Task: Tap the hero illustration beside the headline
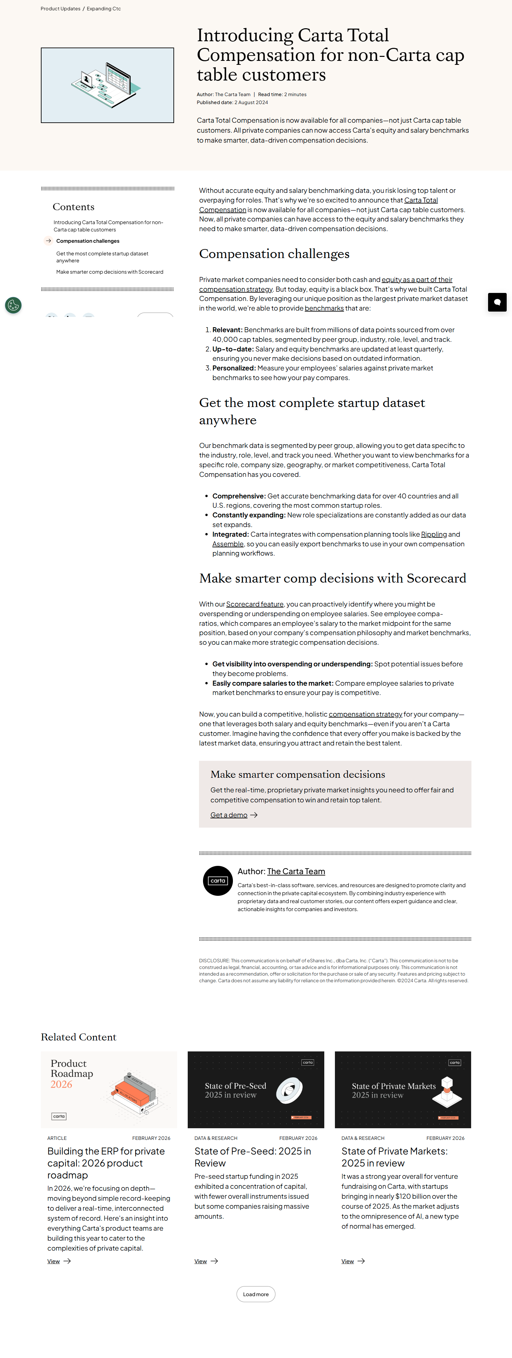pos(107,85)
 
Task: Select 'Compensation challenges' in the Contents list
pos(87,241)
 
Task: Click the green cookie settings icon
pos(13,305)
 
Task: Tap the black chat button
pos(497,302)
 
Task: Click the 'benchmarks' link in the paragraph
pos(324,308)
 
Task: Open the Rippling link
pos(434,535)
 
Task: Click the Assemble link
pos(228,544)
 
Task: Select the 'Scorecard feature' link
pos(255,604)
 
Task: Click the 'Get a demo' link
pos(229,815)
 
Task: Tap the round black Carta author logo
pos(218,881)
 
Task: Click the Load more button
pos(256,1294)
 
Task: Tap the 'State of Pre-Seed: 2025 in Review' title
pos(252,1157)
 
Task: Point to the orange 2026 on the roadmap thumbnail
pos(61,1084)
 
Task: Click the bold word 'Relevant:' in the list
pos(227,330)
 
